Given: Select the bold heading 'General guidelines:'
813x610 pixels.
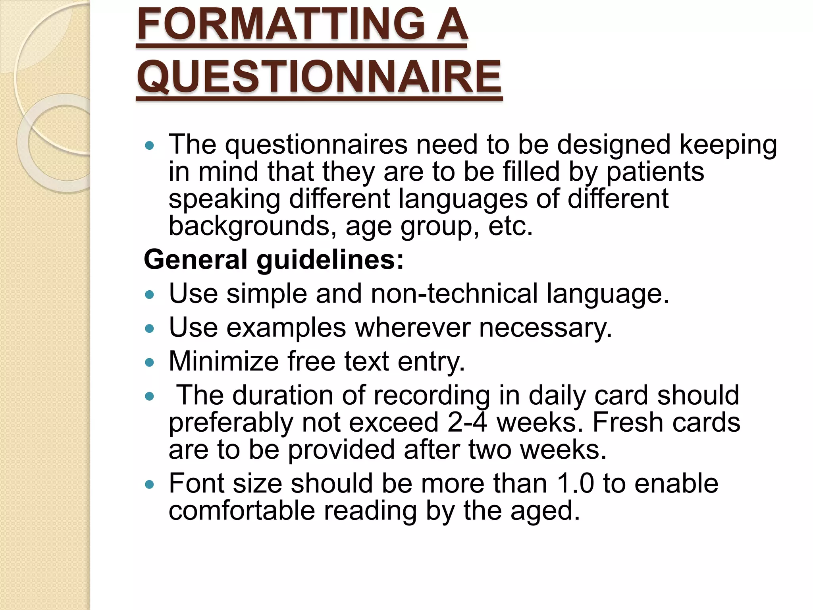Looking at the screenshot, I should click(274, 259).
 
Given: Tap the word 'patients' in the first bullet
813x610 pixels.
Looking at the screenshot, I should click(655, 172).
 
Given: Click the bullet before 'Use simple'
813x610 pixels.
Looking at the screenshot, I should click(149, 295).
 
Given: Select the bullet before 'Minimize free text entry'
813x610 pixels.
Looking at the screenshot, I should click(149, 363).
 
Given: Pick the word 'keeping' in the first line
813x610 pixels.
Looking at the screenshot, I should click(728, 145).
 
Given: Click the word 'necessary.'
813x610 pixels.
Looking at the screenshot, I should click(545, 328).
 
